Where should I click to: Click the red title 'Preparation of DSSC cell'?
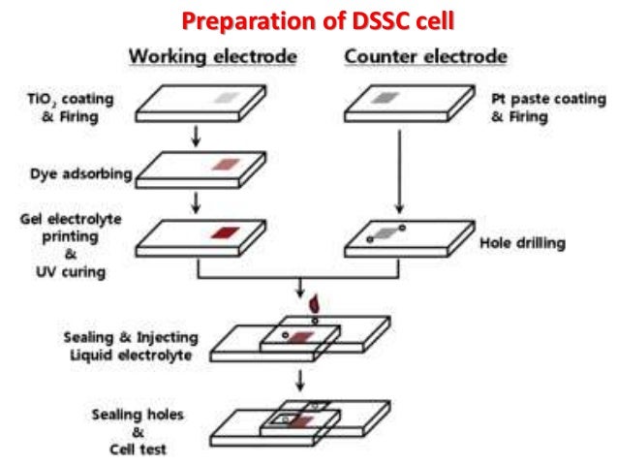click(319, 19)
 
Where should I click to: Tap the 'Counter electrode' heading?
click(425, 56)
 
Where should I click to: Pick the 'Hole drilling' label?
click(522, 242)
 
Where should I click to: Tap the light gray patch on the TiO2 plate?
click(225, 98)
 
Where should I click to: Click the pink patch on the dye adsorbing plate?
click(225, 165)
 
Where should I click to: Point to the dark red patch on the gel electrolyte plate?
click(224, 232)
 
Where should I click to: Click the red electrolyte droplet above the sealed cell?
click(314, 306)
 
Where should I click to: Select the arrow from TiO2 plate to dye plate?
click(197, 137)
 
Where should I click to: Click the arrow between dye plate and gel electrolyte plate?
click(197, 203)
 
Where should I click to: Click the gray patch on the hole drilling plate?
click(385, 232)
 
